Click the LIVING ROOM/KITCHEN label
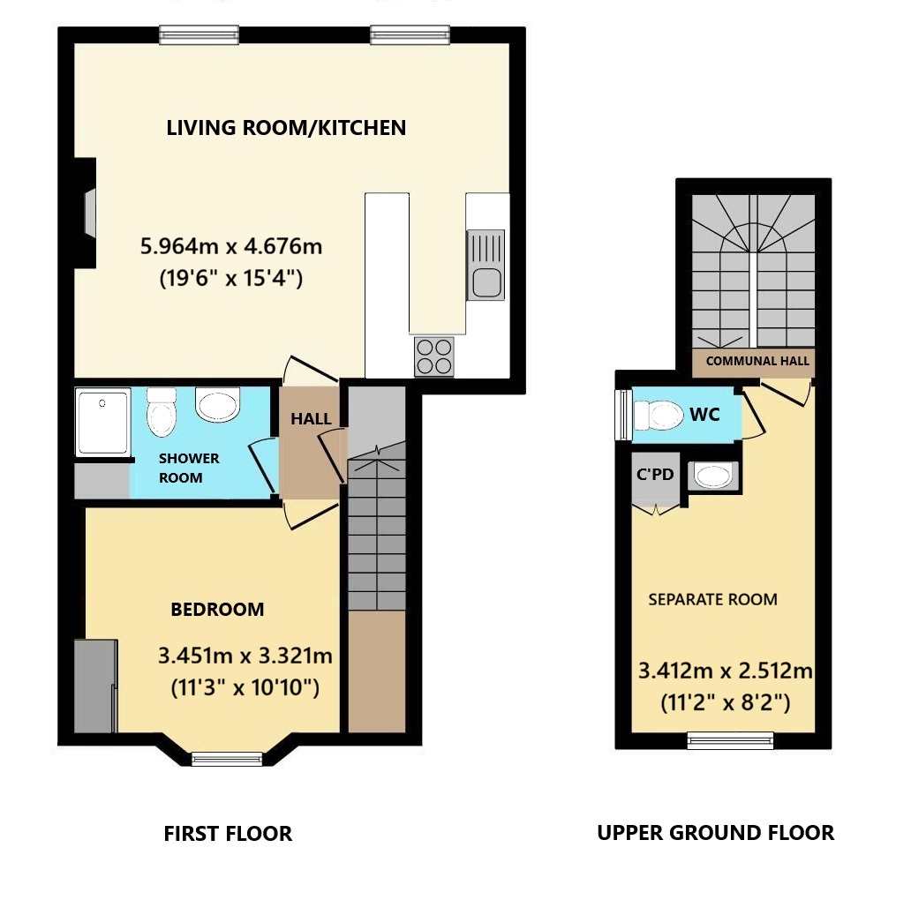pos(286,128)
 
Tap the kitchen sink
pos(486,265)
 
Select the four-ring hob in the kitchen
pos(434,356)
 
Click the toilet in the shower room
pos(161,412)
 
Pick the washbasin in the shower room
pos(217,404)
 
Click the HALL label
pos(311,418)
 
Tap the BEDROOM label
pos(217,609)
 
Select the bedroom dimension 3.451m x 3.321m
pos(245,656)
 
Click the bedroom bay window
pos(227,758)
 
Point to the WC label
pos(704,415)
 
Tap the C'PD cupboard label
pos(655,475)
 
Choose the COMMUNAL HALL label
pos(757,361)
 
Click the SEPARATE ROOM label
pos(713,599)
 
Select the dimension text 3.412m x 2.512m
pos(725,671)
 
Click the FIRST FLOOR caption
pos(228,834)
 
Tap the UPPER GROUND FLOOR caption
pos(715,833)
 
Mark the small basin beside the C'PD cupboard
pos(713,476)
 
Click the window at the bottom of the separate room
pos(730,740)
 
